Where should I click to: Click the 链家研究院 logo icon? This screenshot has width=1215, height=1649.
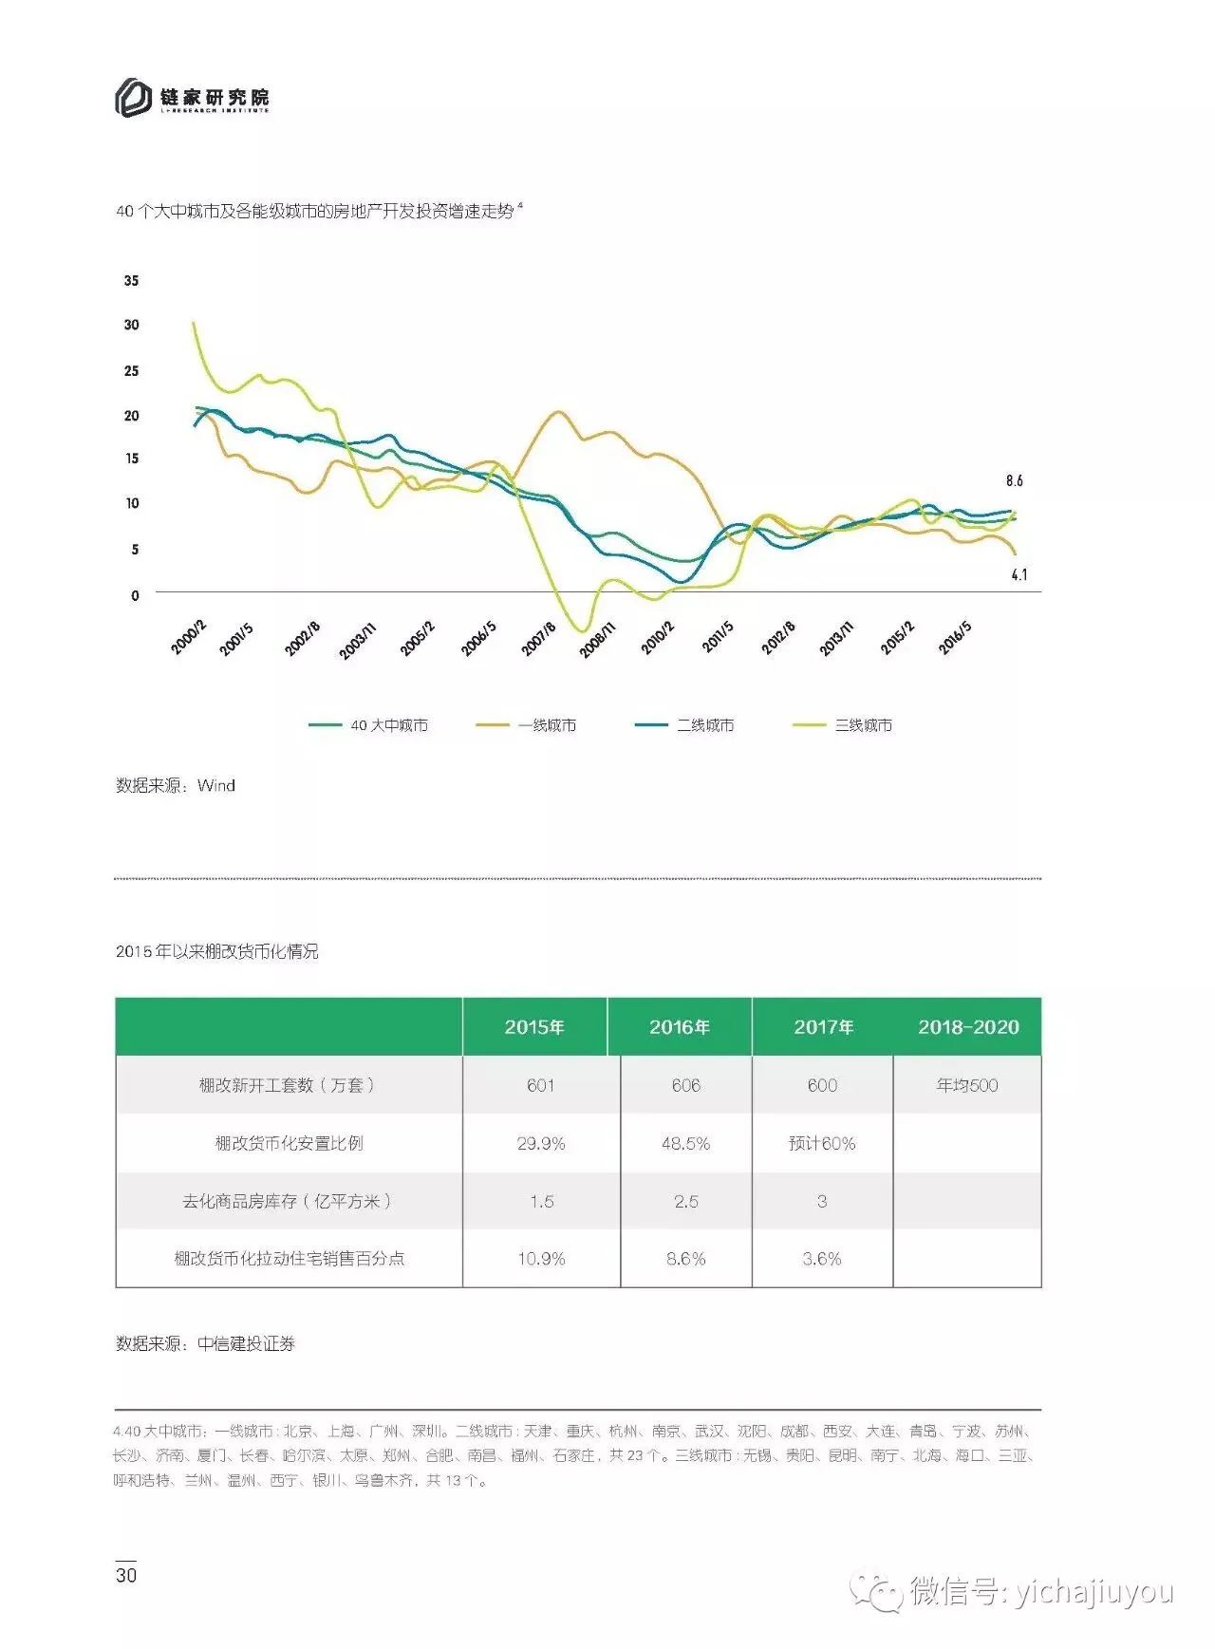click(134, 98)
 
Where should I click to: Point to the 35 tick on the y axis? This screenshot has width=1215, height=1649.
click(131, 280)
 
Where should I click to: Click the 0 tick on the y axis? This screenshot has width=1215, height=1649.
click(135, 595)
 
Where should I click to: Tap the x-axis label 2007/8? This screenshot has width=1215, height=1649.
click(538, 639)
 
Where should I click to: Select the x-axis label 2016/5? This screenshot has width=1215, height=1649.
click(955, 637)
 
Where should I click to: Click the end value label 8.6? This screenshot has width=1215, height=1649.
click(1015, 480)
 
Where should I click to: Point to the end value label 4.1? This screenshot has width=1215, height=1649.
click(1019, 574)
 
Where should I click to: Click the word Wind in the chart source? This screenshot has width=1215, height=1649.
click(216, 785)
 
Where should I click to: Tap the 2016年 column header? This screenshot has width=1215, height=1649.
click(680, 1027)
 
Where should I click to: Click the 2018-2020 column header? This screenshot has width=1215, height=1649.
click(968, 1027)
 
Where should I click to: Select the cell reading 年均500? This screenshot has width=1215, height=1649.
click(967, 1085)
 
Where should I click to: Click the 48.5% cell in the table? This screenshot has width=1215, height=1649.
click(685, 1144)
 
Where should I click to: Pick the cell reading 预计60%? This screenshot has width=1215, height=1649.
click(822, 1144)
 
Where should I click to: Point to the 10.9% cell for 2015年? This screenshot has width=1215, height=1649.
click(541, 1259)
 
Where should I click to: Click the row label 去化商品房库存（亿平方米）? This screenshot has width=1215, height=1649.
click(288, 1201)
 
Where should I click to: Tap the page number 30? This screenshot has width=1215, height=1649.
click(126, 1575)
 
